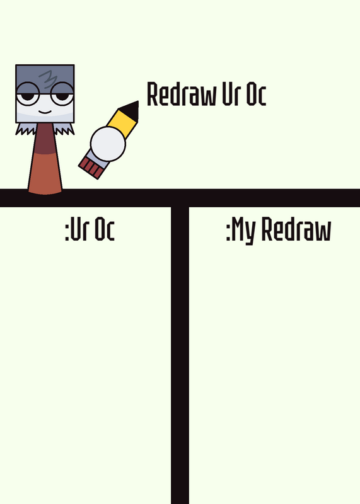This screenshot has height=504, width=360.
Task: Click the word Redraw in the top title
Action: coord(182,94)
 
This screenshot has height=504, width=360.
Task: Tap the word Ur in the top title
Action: coord(231,94)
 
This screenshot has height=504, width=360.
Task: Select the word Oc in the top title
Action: coord(256,94)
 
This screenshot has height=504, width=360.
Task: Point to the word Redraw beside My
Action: coord(296,229)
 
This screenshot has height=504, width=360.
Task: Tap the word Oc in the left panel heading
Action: coord(105,229)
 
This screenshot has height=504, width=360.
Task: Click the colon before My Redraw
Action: coord(228,232)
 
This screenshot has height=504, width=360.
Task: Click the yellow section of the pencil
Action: coord(122,123)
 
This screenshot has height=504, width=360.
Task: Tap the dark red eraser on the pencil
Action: coord(90,168)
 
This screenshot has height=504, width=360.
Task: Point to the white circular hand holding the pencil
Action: coord(108,144)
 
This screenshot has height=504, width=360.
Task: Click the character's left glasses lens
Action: coord(28,93)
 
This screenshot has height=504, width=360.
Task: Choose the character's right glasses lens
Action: coord(62,93)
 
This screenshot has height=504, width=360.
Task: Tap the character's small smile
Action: coord(45,112)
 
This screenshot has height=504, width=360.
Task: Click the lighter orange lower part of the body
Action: coord(45,174)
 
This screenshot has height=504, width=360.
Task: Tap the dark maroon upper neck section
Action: coord(45,139)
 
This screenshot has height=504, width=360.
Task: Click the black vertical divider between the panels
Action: coord(180,355)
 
